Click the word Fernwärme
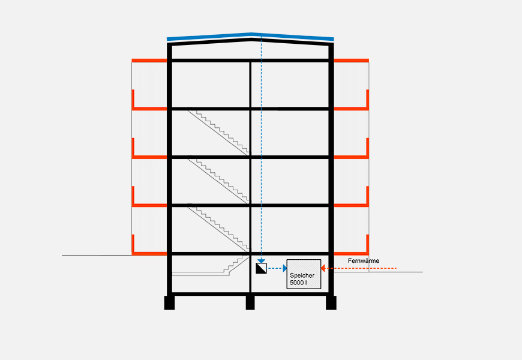pyautogui.click(x=363, y=260)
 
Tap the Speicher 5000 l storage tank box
pyautogui.click(x=304, y=275)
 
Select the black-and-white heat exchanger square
pyautogui.click(x=261, y=268)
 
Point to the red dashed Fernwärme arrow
pyautogui.click(x=360, y=268)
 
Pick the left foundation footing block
pyautogui.click(x=169, y=303)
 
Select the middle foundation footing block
pyautogui.click(x=250, y=303)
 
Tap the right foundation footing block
pyautogui.click(x=331, y=303)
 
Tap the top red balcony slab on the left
pyautogui.click(x=149, y=61)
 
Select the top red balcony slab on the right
pyautogui.click(x=350, y=61)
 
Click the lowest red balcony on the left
pyautogui.click(x=148, y=253)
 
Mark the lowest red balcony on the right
pyautogui.click(x=351, y=253)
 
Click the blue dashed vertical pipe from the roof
pyautogui.click(x=261, y=150)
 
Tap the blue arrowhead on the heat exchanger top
pyautogui.click(x=261, y=260)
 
